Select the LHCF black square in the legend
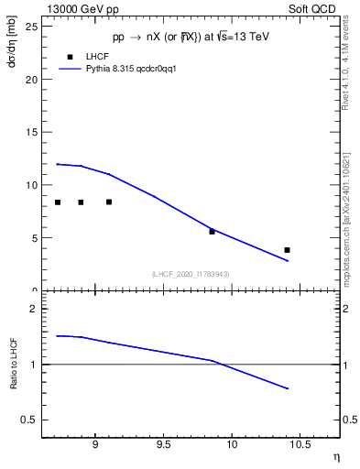70,57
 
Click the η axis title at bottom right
335,455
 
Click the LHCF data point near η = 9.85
212,232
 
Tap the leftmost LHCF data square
58,202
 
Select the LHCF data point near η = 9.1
109,202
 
